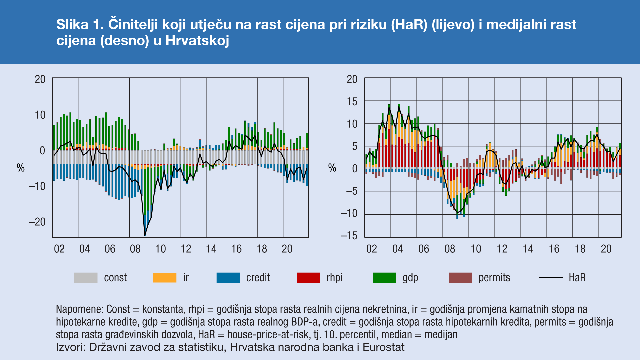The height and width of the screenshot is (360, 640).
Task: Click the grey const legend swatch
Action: click(86, 278)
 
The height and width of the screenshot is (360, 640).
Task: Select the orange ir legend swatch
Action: click(164, 278)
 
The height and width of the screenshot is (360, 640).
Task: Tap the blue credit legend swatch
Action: click(228, 278)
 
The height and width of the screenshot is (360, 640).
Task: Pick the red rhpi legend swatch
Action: click(308, 278)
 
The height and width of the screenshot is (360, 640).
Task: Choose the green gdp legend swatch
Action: click(384, 278)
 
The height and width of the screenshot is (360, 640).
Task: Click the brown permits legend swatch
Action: click(460, 278)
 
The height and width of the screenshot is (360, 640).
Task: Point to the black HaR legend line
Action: click(551, 278)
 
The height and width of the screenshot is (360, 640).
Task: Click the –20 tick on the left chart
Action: click(37, 222)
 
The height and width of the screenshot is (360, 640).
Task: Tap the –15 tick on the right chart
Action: click(349, 236)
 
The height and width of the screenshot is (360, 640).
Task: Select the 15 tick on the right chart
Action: click(352, 102)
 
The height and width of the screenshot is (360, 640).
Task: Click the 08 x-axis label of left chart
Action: click(135, 249)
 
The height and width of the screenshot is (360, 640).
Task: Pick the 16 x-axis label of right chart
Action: click(554, 249)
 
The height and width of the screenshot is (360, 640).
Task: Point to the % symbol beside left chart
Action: click(21, 168)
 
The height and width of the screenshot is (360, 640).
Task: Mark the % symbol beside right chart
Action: click(332, 168)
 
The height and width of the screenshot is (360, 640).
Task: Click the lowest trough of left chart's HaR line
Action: click(145, 235)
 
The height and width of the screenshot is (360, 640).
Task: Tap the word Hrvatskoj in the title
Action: click(197, 41)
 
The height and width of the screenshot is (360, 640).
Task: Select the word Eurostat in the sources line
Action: click(383, 347)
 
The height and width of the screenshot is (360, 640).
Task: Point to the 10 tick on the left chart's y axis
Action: click(40, 115)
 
